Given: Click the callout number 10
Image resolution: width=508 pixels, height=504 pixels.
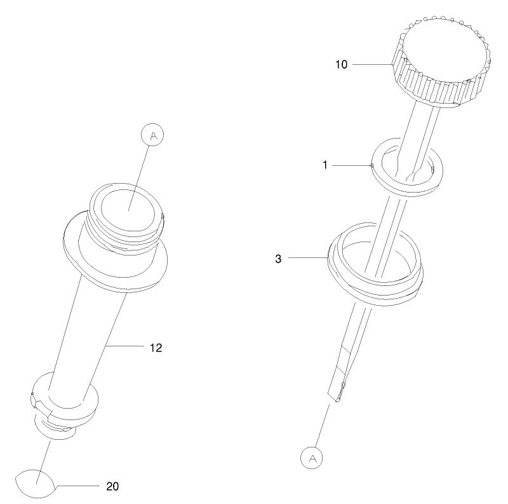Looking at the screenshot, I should [x=342, y=64].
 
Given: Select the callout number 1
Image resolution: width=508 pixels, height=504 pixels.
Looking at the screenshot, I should [x=325, y=165].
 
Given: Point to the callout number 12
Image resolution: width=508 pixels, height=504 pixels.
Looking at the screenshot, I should [x=156, y=348].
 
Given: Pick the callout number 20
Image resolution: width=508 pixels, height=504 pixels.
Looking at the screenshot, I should [x=112, y=486].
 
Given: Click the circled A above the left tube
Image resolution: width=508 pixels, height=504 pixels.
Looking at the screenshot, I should [x=150, y=135].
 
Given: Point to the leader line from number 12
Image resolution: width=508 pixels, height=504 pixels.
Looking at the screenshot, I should [x=127, y=346].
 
